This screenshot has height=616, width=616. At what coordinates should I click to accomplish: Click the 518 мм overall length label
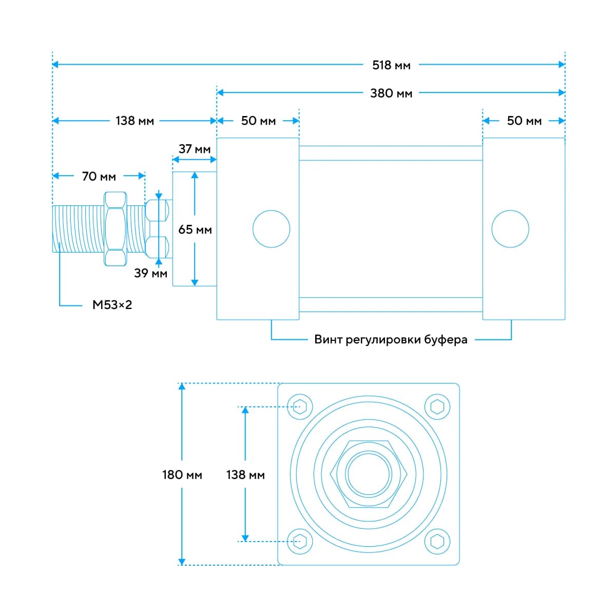[391, 65]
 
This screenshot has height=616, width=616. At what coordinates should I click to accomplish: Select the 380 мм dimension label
[391, 93]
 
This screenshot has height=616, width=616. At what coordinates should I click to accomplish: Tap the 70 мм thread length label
[99, 177]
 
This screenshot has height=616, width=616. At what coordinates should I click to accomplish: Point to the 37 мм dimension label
[195, 149]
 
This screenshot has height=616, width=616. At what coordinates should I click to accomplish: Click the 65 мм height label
[195, 229]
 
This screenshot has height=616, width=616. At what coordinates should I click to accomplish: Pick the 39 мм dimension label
[150, 273]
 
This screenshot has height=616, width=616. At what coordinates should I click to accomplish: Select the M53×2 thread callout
[112, 304]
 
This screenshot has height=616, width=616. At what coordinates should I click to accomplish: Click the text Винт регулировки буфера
[391, 339]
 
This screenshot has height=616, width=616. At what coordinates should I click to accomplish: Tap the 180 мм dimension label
[182, 475]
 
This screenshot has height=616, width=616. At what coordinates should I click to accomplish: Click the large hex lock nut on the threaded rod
[115, 229]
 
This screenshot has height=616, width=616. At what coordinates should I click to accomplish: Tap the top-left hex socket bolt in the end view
[300, 407]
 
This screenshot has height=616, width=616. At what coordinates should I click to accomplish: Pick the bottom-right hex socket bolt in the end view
[437, 541]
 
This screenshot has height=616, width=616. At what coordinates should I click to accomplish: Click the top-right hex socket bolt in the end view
[437, 407]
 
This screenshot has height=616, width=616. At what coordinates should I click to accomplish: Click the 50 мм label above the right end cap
[524, 121]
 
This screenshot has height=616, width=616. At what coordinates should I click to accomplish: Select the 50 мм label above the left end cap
[258, 121]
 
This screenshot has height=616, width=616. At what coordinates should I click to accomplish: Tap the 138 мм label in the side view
[134, 121]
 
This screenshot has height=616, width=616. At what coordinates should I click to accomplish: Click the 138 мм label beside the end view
[245, 475]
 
